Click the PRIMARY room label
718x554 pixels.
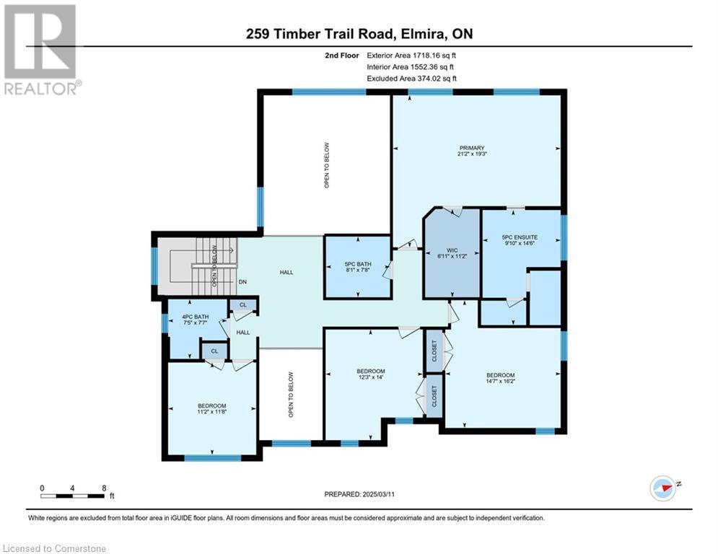coord(472,148)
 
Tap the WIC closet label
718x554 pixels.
coord(452,250)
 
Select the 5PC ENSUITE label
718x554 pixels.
coord(520,237)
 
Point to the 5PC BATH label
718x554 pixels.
coord(358,264)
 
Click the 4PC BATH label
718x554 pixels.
coord(195,317)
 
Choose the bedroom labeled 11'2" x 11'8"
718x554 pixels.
coord(212,409)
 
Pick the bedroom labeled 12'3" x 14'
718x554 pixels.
coord(371,374)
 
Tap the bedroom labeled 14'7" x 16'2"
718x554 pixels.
coord(501,378)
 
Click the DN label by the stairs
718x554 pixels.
coord(242,281)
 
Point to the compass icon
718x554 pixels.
coord(663,488)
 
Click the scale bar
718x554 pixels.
coord(72,496)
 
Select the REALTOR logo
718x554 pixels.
coord(40,50)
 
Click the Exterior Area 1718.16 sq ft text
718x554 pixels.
coord(411,56)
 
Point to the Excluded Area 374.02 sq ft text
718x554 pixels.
coord(411,79)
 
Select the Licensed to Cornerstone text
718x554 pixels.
coord(55,548)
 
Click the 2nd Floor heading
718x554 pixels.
coord(342,56)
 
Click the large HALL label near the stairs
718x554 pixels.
coord(286,273)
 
